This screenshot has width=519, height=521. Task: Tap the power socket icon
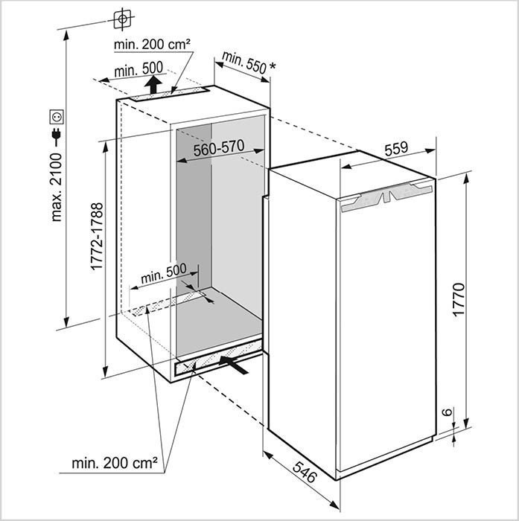(56, 116)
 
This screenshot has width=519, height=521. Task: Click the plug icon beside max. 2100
(56, 135)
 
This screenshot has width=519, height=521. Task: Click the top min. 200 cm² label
(152, 45)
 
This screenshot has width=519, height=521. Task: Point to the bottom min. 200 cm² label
(115, 463)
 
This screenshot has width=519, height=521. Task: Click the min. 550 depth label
(243, 63)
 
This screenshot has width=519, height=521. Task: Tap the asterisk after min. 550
(273, 68)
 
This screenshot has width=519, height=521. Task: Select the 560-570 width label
(219, 149)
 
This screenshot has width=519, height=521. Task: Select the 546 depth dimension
(303, 471)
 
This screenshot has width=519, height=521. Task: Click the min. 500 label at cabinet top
(138, 69)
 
